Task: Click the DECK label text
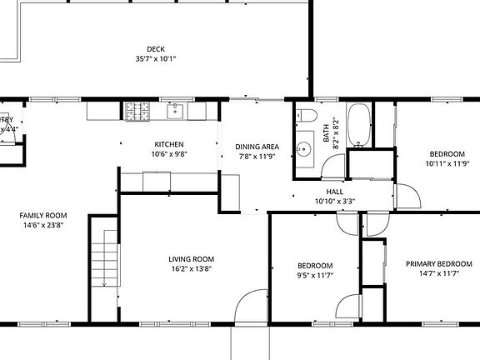(156, 49)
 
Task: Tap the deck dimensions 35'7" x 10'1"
(156, 59)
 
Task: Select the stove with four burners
(137, 110)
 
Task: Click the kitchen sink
(177, 110)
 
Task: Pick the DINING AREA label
(256, 147)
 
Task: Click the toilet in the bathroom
(304, 116)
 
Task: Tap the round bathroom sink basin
(303, 140)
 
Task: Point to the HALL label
(335, 191)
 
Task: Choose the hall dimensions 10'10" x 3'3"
(335, 201)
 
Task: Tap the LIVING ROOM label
(192, 258)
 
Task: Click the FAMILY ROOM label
(43, 215)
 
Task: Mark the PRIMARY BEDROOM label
(432, 264)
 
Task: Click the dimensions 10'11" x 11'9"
(447, 164)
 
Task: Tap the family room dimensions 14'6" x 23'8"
(43, 225)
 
